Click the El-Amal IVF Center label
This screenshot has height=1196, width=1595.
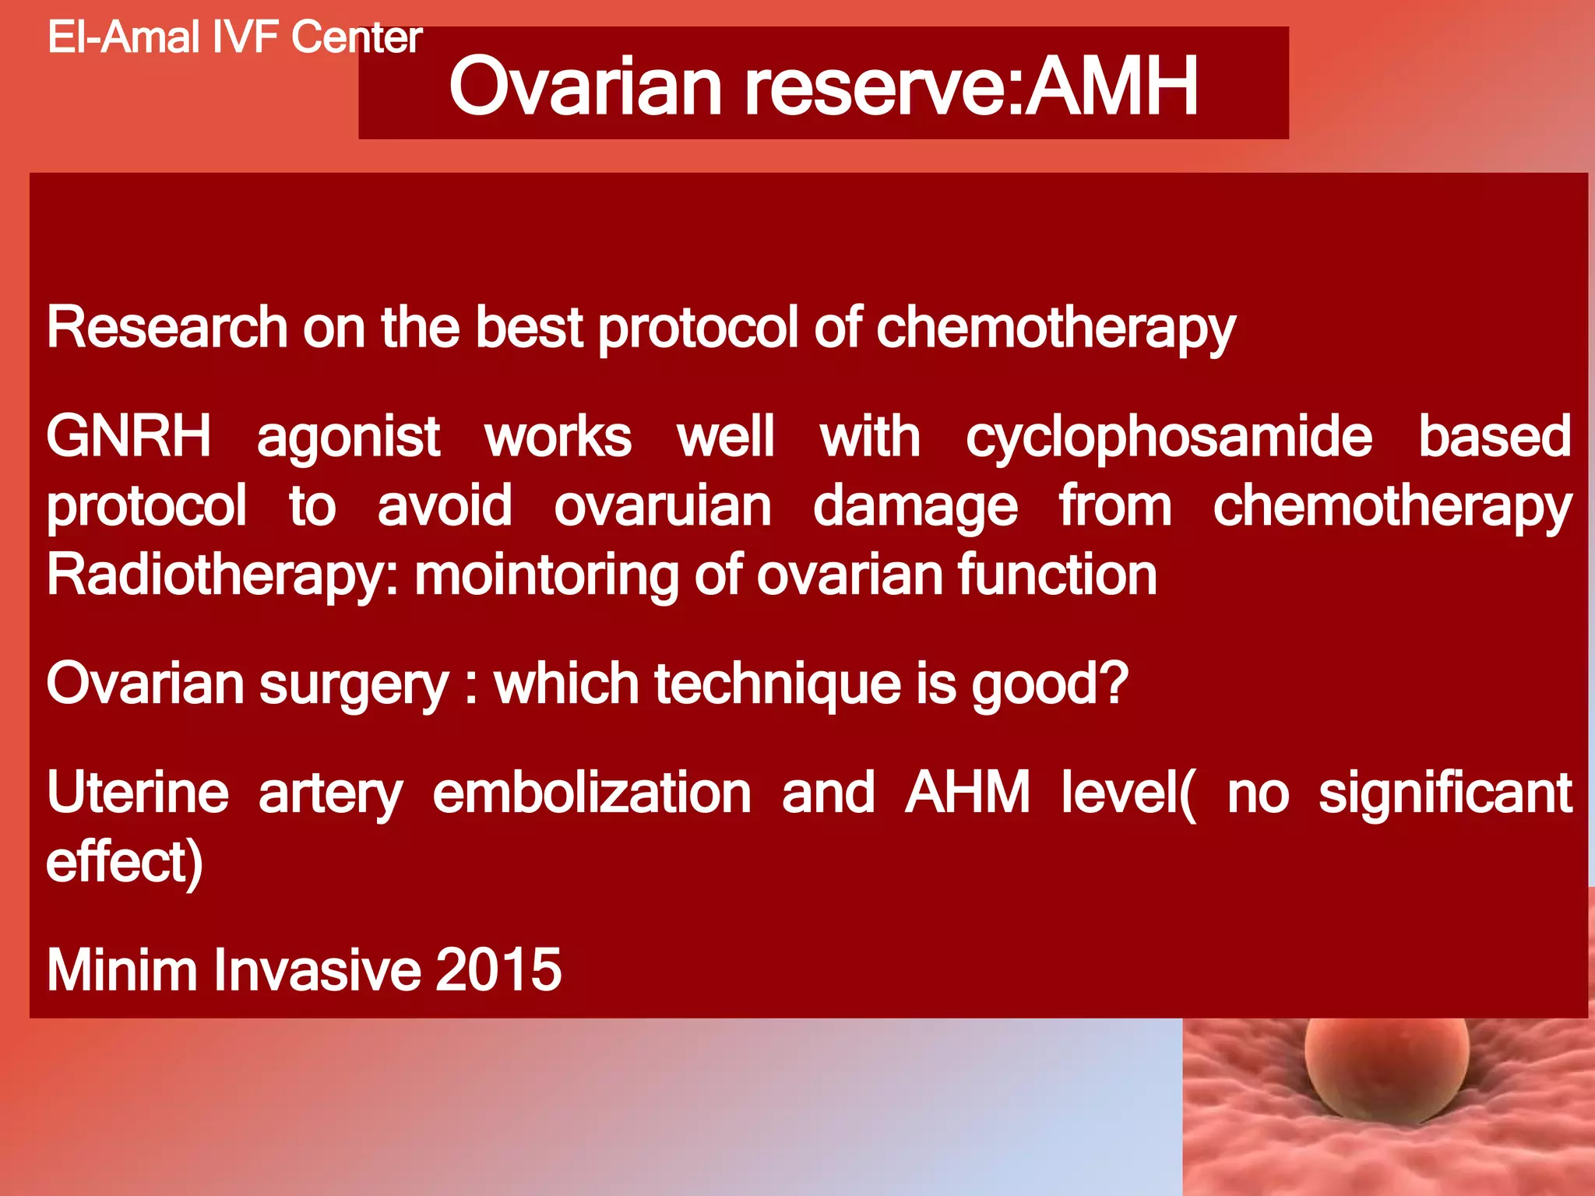(234, 37)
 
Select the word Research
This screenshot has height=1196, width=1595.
(167, 327)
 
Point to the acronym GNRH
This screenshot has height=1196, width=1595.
(129, 436)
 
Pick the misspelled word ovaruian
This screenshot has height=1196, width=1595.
(662, 506)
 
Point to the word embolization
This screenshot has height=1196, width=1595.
(592, 793)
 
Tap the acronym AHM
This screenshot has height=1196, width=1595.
(967, 793)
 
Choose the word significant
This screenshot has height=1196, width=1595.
(1445, 793)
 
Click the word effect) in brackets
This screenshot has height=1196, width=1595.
(125, 863)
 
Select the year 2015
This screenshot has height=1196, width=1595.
(498, 970)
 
